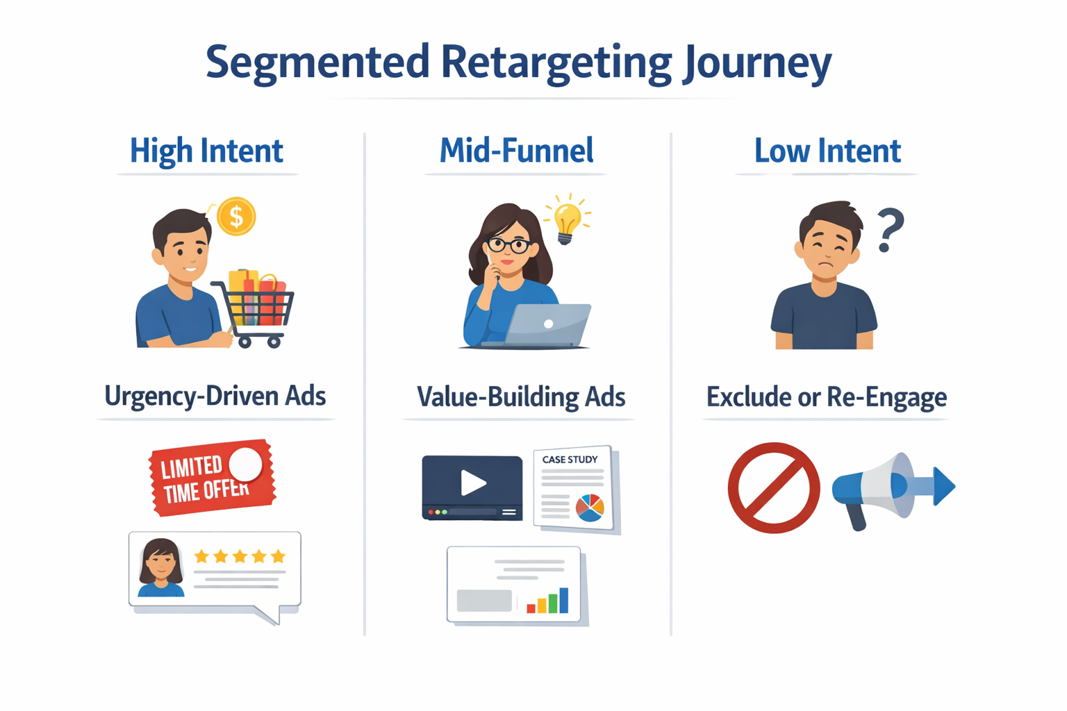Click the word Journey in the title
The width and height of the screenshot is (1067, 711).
tap(756, 62)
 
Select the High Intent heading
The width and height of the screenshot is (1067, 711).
tap(206, 151)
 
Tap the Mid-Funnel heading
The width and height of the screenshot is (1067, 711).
tap(516, 151)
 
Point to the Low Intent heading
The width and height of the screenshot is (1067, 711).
tap(827, 151)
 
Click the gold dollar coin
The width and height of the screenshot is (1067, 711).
tap(236, 217)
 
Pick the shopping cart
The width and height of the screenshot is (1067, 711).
tap(256, 310)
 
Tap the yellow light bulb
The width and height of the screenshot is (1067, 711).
tap(567, 220)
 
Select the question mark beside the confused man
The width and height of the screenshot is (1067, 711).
tap(889, 230)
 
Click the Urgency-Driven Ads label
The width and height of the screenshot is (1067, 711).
tap(215, 396)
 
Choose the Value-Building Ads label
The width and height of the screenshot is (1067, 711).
tap(520, 397)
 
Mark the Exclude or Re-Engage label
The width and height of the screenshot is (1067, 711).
tap(826, 397)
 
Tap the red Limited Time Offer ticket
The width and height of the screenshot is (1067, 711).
tap(211, 478)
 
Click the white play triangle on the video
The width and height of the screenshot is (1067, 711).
tap(473, 483)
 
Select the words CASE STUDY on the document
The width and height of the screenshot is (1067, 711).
tap(570, 460)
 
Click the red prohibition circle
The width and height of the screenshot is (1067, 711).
tap(773, 487)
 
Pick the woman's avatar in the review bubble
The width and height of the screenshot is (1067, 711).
tap(160, 567)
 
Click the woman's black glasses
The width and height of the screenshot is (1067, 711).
tap(508, 245)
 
